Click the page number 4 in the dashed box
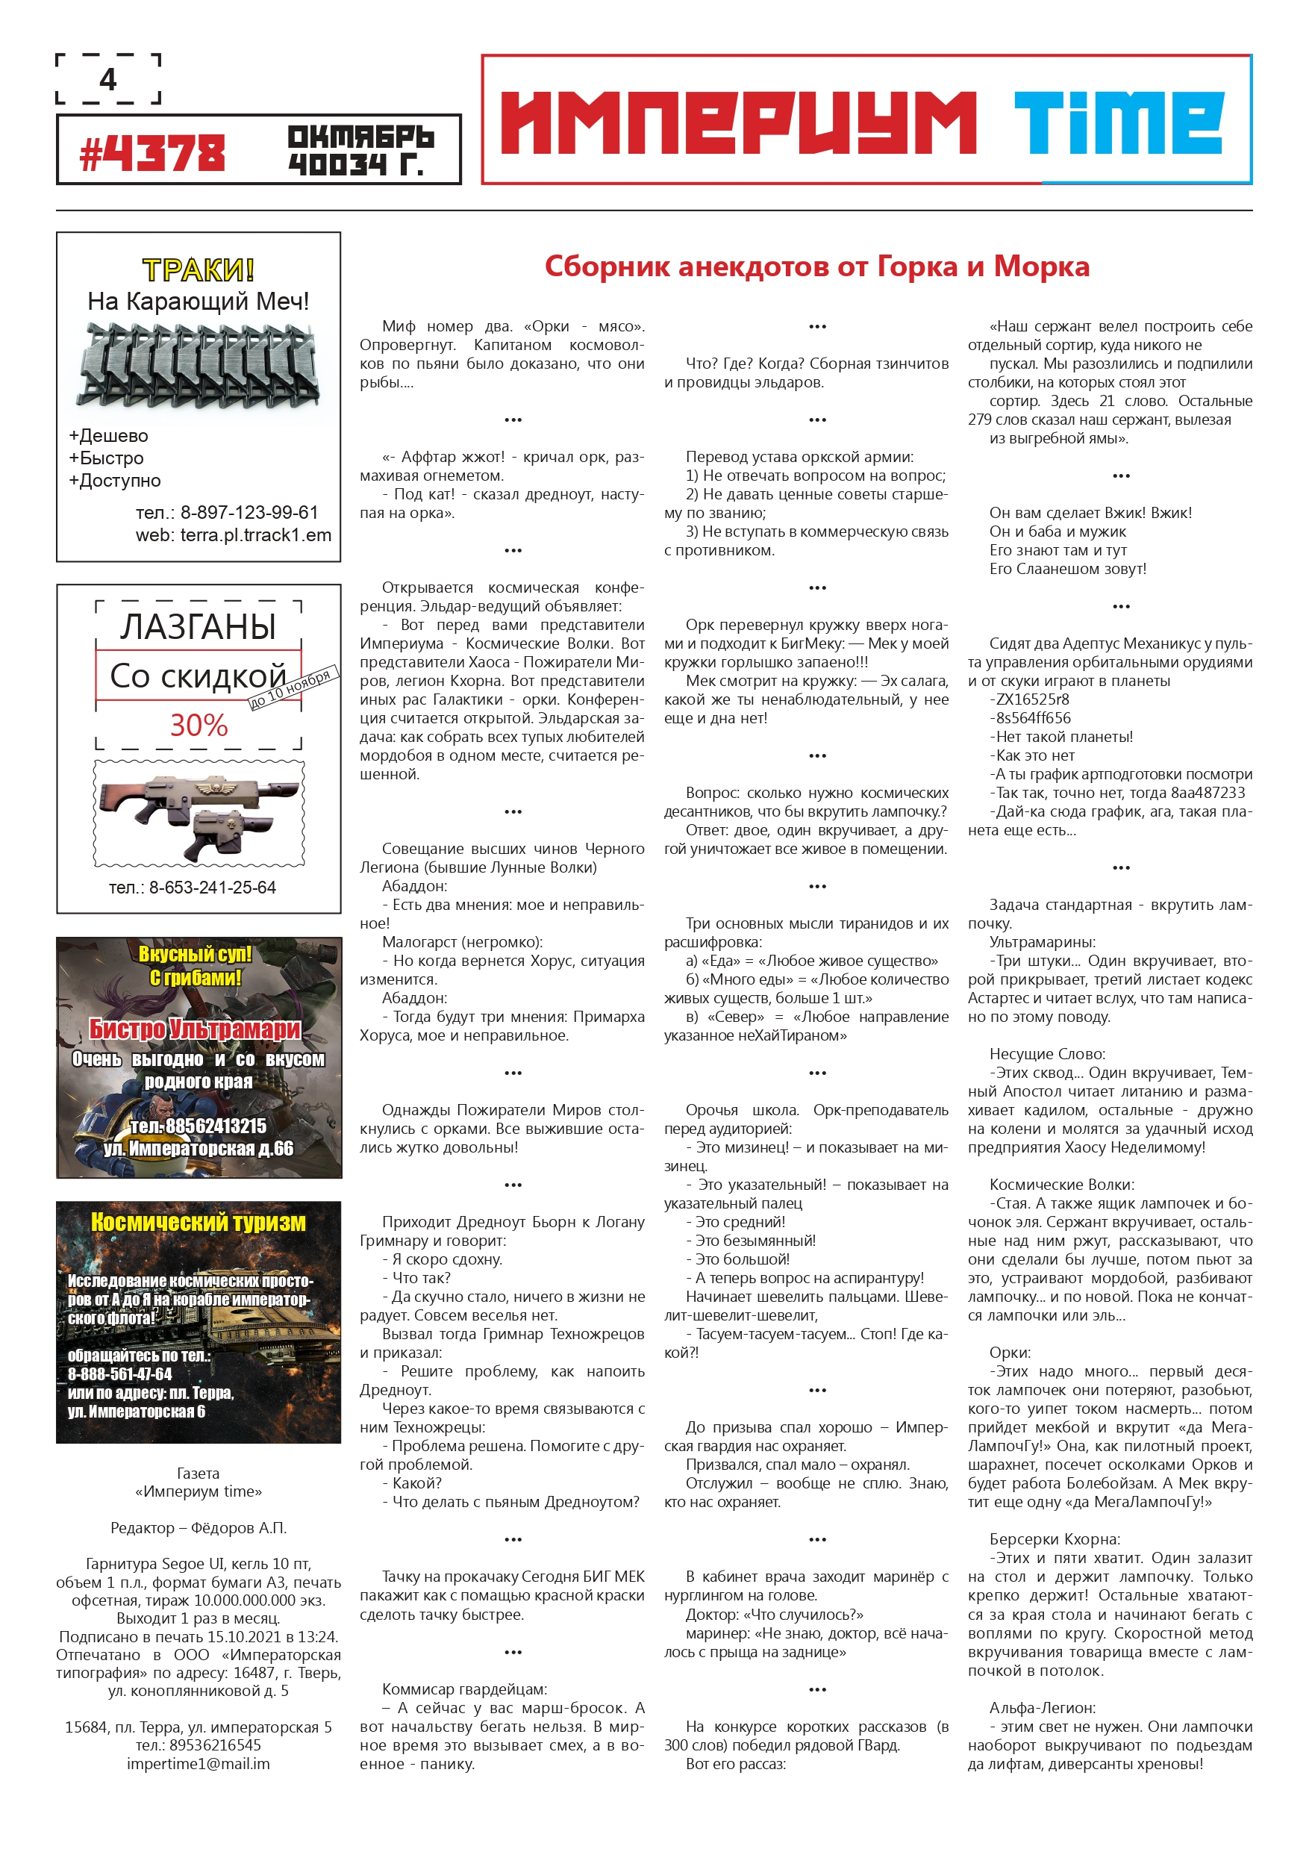(108, 79)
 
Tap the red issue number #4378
(152, 153)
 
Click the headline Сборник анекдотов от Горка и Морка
(816, 266)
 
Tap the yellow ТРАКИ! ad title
(199, 269)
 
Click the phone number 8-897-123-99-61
(249, 512)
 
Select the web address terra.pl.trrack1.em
(256, 534)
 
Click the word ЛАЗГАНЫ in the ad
(199, 627)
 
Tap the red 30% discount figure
(199, 724)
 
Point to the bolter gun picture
(199, 812)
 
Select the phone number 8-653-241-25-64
(212, 888)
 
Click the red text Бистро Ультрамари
(194, 1029)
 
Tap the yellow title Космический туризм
(199, 1222)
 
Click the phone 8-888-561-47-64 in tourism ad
(120, 1374)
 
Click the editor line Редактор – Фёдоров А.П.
(199, 1528)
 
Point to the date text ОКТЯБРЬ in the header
(360, 137)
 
